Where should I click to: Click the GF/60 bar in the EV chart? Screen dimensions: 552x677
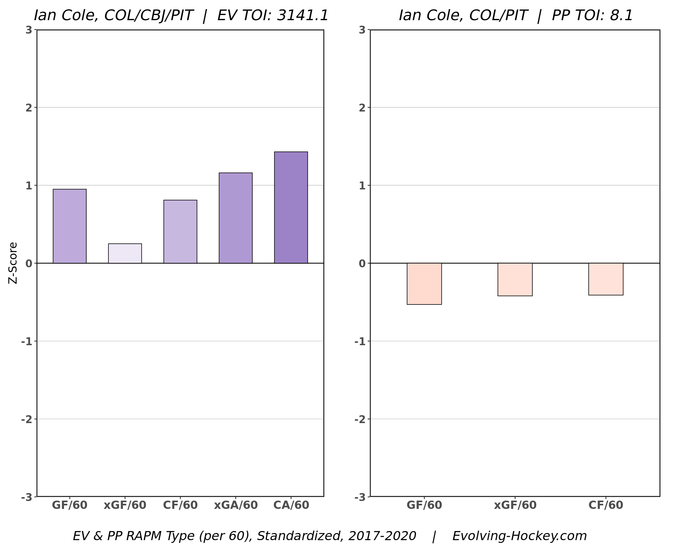tap(70, 226)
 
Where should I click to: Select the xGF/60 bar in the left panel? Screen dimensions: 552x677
tap(125, 253)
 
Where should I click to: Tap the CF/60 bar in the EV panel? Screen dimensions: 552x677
tap(180, 232)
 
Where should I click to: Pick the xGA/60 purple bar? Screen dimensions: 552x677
tap(236, 218)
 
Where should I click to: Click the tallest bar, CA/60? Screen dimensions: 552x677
tap(291, 208)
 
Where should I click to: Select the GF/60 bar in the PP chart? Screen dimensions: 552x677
tap(424, 284)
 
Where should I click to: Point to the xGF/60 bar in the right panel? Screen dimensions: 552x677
tap(515, 279)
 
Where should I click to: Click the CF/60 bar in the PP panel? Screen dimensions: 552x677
tap(606, 279)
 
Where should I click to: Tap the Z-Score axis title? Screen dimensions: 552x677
tap(13, 263)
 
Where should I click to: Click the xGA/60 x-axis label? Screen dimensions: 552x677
tap(236, 505)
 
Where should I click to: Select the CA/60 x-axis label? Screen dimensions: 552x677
tap(291, 505)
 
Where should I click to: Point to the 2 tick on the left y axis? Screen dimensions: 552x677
tap(29, 108)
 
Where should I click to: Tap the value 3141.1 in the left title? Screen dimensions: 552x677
tap(303, 15)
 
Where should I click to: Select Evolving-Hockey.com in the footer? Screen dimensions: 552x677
tap(519, 536)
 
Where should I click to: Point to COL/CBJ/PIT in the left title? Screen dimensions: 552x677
tap(148, 15)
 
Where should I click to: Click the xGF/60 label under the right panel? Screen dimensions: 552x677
tap(515, 505)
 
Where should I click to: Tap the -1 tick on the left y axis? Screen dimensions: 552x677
tap(26, 341)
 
